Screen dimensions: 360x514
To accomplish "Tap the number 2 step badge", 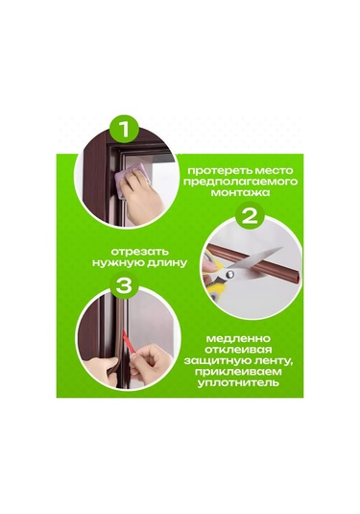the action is pos(250,217).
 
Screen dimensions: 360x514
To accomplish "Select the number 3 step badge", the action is pos(124,285).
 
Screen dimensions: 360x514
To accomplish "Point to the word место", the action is pos(275,170).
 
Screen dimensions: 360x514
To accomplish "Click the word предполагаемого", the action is pos(240,182).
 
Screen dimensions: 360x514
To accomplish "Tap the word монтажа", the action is pos(240,192).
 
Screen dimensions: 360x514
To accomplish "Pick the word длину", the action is pos(167,262).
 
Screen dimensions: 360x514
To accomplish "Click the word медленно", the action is pos(238,338).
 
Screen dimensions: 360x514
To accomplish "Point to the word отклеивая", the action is pos(238,350).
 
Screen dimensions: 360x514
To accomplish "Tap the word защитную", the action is pos(218,360).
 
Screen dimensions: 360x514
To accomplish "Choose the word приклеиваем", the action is pos(238,372).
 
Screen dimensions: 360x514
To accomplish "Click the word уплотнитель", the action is pos(238,383).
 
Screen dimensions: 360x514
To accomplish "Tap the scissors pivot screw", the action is pos(229,272).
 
